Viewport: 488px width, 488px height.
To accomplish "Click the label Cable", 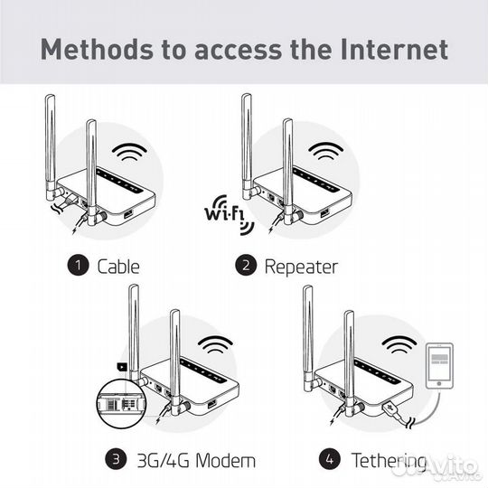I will (x=117, y=266).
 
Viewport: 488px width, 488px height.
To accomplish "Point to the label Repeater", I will (x=301, y=266).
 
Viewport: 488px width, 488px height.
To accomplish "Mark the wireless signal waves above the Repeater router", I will (x=326, y=152).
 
